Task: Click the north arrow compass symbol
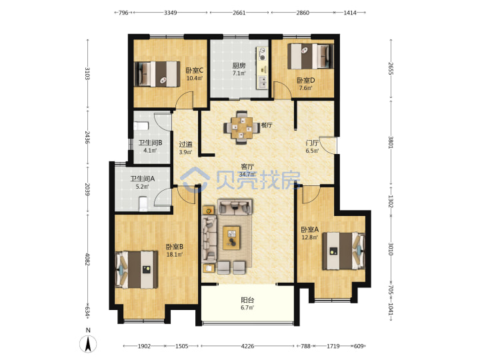tap(88, 344)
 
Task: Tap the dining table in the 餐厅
tap(242, 127)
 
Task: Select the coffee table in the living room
tap(231, 238)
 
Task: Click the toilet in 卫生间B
tap(141, 126)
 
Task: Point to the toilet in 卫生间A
tap(143, 204)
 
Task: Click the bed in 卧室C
tap(157, 74)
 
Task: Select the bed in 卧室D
tap(311, 56)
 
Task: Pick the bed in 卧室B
tap(137, 269)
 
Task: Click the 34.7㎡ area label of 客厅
tap(247, 175)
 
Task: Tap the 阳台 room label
tap(247, 300)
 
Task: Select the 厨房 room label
tap(239, 65)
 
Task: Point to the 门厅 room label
tap(312, 143)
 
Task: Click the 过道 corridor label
tap(185, 144)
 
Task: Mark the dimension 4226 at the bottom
tap(247, 346)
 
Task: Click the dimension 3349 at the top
tap(171, 13)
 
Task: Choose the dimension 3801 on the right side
tap(391, 142)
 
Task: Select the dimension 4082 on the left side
tap(87, 259)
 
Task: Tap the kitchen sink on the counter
tap(263, 82)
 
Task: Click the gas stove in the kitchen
tap(263, 54)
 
